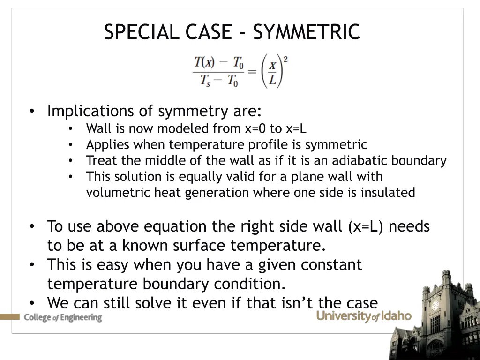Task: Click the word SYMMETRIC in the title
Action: (x=306, y=32)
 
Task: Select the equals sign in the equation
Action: (x=252, y=71)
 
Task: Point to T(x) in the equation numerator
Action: (x=205, y=62)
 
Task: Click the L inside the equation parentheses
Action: (x=272, y=80)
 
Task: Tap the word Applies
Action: (x=102, y=144)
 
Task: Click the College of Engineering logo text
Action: (x=63, y=317)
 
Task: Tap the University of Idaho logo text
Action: (x=364, y=316)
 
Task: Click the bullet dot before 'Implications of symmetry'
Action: (x=31, y=112)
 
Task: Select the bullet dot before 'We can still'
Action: (x=31, y=303)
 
